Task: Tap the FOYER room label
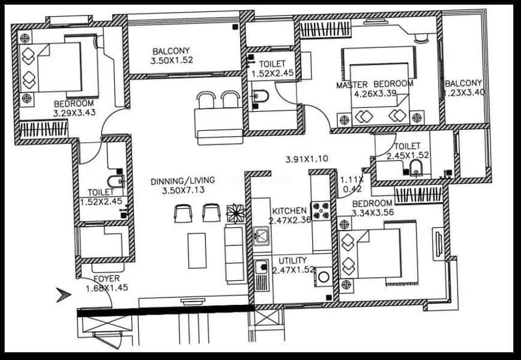pos(106,279)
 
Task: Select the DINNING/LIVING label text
pos(182,179)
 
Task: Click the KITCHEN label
pos(290,211)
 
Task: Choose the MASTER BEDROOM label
pos(375,85)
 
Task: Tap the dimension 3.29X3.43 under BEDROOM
pos(74,112)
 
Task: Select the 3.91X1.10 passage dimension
pos(307,159)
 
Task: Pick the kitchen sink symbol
pos(261,236)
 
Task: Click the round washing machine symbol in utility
pos(324,277)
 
